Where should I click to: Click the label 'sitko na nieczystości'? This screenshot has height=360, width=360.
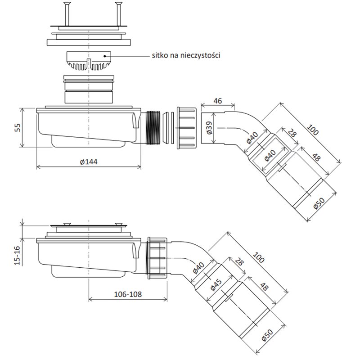click(x=186, y=55)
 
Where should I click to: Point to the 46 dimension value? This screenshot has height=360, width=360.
click(x=218, y=101)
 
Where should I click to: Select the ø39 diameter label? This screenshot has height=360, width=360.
click(x=209, y=128)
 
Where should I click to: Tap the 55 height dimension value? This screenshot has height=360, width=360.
click(x=18, y=127)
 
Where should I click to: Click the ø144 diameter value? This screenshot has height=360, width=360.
click(x=89, y=162)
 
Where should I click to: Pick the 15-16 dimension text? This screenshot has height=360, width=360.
click(x=18, y=255)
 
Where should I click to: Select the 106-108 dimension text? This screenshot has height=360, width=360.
click(x=128, y=294)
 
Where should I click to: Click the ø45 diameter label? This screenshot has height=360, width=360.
click(x=216, y=285)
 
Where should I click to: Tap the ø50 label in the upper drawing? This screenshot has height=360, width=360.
click(x=319, y=203)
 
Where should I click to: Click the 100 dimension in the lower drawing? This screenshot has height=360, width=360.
click(x=259, y=257)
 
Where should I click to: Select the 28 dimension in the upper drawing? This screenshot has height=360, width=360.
click(x=292, y=133)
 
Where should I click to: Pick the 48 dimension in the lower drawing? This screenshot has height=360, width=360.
click(x=265, y=287)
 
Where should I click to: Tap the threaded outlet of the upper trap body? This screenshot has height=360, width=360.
click(x=153, y=128)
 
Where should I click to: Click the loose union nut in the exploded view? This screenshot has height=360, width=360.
click(x=186, y=128)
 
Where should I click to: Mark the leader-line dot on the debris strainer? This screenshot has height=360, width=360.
click(x=105, y=56)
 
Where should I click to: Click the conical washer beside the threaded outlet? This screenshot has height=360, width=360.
click(x=165, y=128)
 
